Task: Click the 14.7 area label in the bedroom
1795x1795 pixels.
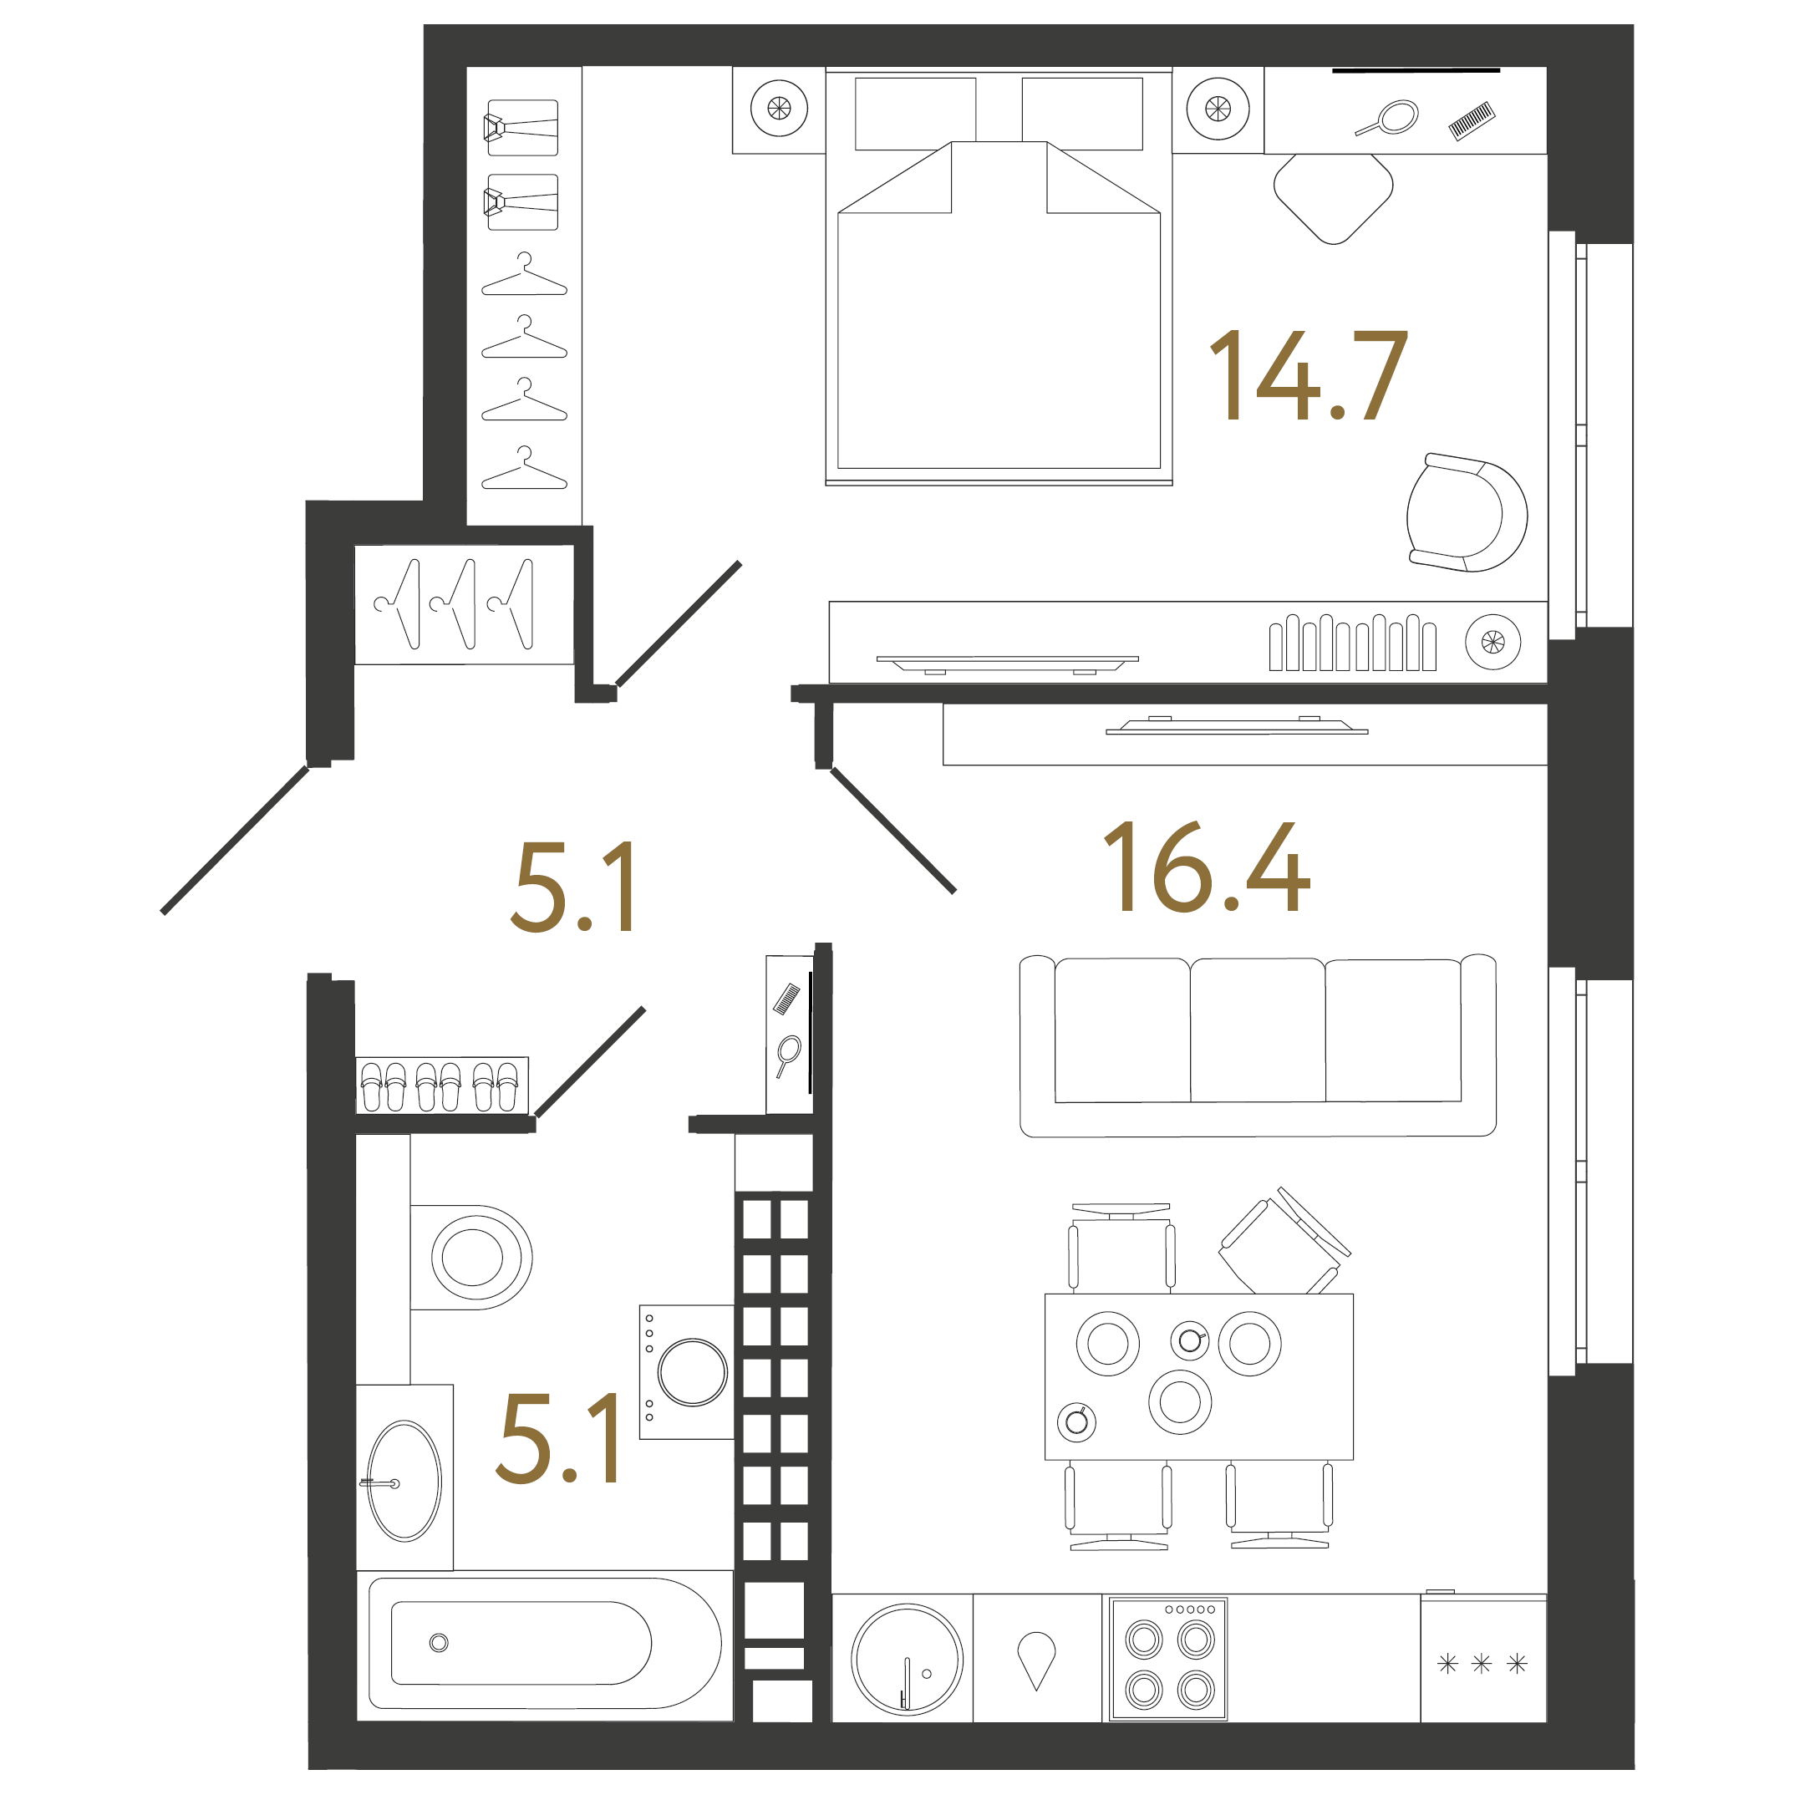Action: pos(1308,375)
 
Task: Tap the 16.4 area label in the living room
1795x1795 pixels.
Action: pos(1206,866)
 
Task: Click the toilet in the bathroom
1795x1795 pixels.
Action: pos(472,1257)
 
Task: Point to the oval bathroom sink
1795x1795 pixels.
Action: pos(404,1481)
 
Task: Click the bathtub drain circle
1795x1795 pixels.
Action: pos(439,1643)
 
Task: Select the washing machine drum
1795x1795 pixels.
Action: pos(692,1372)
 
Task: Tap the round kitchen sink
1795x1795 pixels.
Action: pos(907,1660)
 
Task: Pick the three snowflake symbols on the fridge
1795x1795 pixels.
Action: pos(1482,1663)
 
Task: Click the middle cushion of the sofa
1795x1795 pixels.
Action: pos(1257,1031)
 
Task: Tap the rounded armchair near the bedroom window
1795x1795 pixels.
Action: pos(1465,513)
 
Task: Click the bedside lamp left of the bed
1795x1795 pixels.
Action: pos(779,109)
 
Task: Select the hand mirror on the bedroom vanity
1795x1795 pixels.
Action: pos(1388,119)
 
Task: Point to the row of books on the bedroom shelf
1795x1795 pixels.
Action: pos(1352,643)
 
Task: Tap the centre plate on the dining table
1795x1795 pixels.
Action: pos(1180,1402)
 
